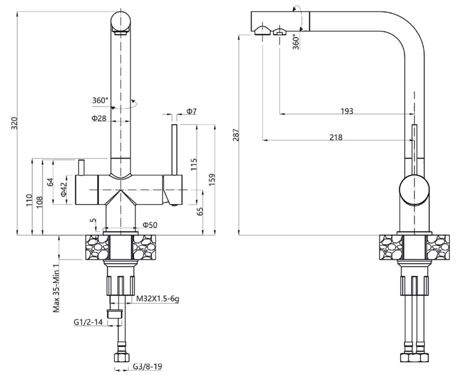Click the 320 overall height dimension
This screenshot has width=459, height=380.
14,124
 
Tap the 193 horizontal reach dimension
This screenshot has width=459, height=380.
347,111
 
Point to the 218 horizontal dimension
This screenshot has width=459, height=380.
336,138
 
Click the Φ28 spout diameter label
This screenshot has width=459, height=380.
99,118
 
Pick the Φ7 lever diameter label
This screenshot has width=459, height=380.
192,111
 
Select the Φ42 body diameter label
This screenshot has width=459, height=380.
64,189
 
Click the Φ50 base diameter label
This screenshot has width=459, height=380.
150,225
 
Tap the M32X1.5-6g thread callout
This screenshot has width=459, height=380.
158,299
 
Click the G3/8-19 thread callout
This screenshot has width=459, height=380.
147,367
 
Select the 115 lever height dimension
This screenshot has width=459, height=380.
194,164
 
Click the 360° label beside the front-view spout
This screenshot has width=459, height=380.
100,101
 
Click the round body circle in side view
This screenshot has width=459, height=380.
414,191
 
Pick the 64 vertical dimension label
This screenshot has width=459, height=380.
50,182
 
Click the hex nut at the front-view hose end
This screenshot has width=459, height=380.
121,358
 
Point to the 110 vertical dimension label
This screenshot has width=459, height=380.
29,200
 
